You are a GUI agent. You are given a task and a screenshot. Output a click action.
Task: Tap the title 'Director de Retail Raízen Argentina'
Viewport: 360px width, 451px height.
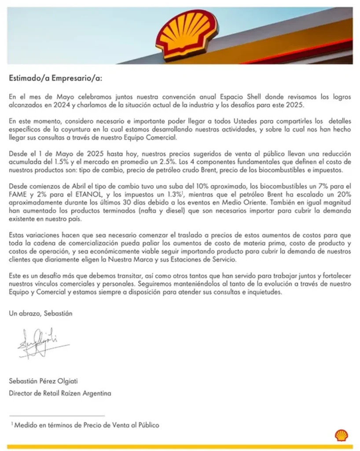tap(60, 392)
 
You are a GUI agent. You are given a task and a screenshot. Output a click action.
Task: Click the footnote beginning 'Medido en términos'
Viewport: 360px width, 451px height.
tap(86, 425)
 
